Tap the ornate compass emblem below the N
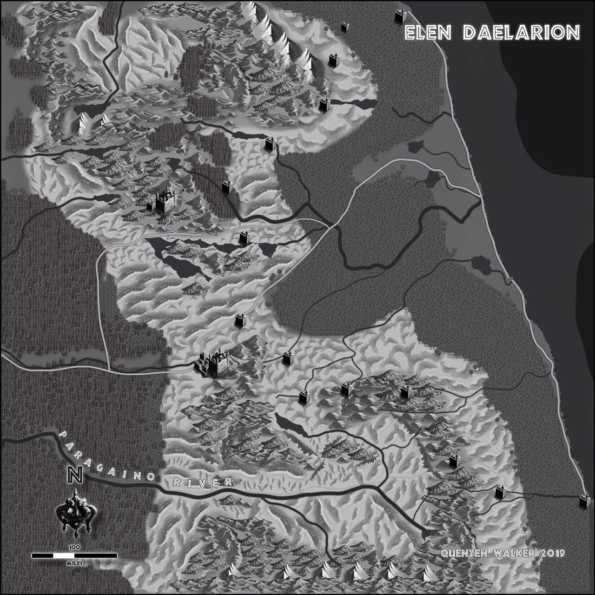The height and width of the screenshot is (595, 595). coord(76,513)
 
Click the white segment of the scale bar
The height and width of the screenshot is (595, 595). coord(64,555)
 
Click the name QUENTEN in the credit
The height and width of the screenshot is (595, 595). coord(463,553)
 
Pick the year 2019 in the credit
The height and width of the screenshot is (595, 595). coord(553,553)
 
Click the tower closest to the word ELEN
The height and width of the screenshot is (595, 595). coord(400,16)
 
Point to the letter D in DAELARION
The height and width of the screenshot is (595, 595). coord(469,33)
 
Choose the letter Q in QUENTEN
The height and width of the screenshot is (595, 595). coord(444,553)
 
